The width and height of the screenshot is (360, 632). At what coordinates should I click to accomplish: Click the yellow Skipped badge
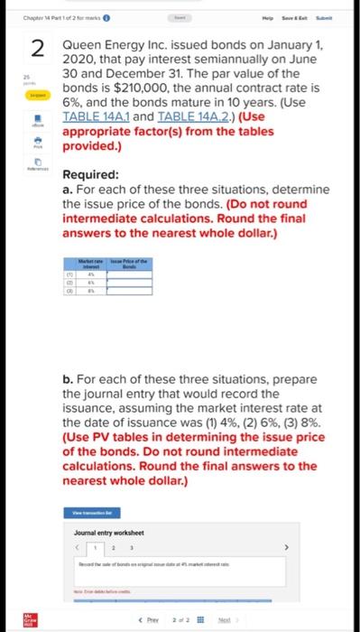36,94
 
